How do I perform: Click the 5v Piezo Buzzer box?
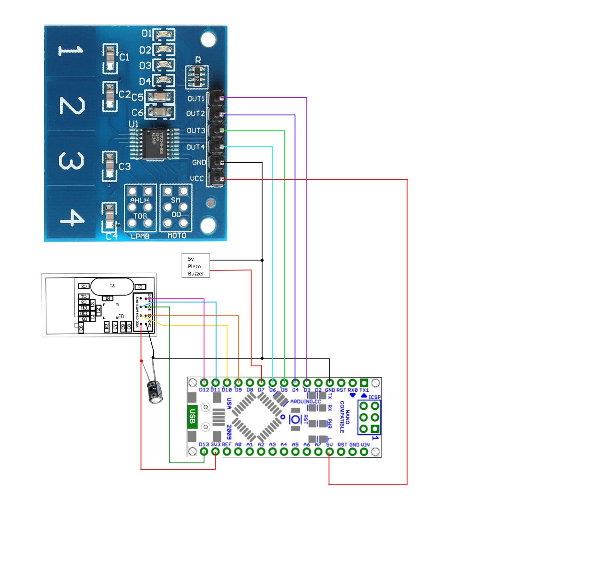[196, 266]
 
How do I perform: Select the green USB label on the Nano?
[192, 416]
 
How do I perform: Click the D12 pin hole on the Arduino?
[204, 383]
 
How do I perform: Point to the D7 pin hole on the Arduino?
[261, 383]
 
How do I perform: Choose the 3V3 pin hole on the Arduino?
[215, 451]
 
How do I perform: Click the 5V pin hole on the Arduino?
[329, 451]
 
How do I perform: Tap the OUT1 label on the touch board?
[196, 98]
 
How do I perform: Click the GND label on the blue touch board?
[199, 163]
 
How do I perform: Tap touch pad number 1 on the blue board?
[71, 51]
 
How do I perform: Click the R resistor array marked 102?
[197, 77]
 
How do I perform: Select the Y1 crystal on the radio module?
[112, 286]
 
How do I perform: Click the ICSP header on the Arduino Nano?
[369, 417]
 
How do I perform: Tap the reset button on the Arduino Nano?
[295, 419]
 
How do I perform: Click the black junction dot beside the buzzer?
[262, 260]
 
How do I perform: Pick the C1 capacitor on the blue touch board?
[110, 58]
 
